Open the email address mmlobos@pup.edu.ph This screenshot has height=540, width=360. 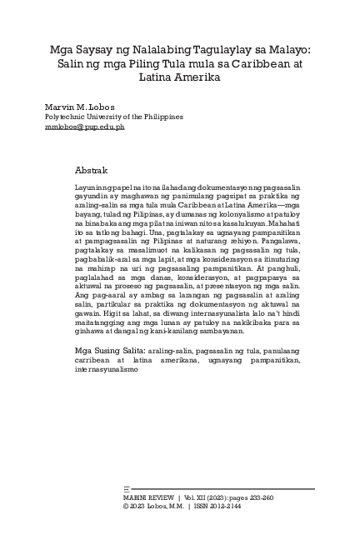(x=84, y=127)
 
